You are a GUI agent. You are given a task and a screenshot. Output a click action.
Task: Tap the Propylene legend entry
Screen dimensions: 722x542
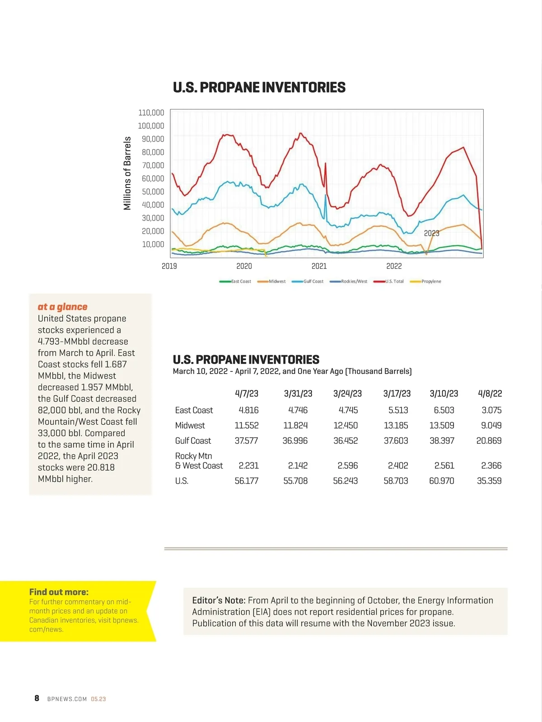[x=426, y=281]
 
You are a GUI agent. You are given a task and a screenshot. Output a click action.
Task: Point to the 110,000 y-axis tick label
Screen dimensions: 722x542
[x=151, y=113]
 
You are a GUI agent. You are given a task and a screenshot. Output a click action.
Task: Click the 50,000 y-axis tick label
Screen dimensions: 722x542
[x=153, y=192]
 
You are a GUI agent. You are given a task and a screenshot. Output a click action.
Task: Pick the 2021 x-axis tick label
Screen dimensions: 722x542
[x=319, y=266]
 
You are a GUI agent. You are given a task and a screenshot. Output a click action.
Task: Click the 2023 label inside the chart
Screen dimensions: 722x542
[x=431, y=233]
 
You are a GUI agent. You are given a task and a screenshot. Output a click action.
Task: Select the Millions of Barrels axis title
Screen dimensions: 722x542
[x=127, y=173]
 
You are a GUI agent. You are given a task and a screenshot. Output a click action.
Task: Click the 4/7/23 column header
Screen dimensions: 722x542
[x=247, y=394]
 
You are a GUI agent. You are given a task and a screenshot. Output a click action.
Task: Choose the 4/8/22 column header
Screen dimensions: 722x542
[x=490, y=394]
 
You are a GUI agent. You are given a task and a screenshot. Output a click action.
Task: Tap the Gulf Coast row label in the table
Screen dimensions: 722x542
[x=193, y=441]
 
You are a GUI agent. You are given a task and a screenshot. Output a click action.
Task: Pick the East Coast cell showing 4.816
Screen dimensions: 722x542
[x=248, y=410]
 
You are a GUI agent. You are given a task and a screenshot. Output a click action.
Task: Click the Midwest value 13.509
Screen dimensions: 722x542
[x=442, y=426]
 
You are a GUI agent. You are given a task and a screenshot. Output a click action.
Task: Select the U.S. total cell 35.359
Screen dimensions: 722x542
[x=489, y=481]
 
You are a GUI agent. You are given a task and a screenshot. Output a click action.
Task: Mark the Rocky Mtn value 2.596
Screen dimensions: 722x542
[x=347, y=465]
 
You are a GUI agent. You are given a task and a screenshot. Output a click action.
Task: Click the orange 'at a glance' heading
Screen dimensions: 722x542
[x=62, y=307]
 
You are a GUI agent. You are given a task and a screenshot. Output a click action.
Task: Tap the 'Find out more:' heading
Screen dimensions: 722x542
[x=59, y=592]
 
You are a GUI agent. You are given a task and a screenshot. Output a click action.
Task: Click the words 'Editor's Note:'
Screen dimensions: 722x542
[x=219, y=600]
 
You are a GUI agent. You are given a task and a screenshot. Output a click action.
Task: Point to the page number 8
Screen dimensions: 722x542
[x=37, y=699]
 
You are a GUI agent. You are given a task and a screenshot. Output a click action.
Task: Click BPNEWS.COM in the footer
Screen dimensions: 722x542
[x=67, y=699]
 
